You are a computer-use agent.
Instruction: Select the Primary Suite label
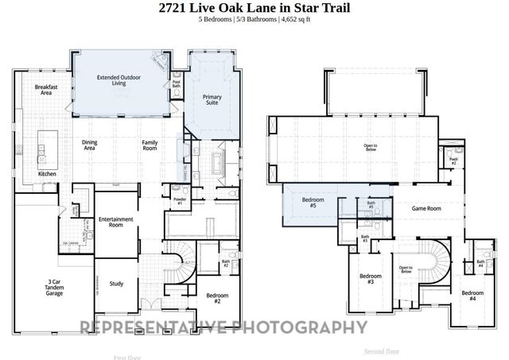[212, 99]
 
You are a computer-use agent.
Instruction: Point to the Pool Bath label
[177, 83]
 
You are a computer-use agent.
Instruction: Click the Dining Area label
[90, 145]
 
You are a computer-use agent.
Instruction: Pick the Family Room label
[150, 145]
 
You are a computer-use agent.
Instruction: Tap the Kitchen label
[48, 173]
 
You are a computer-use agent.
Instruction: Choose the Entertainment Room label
[115, 222]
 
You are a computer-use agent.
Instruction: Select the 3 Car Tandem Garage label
[54, 287]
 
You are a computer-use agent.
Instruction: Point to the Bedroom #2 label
[218, 298]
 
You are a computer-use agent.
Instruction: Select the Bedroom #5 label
[309, 203]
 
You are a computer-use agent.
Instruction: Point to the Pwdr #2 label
[453, 161]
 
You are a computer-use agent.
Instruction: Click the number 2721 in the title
[177, 8]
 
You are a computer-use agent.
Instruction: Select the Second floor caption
[381, 350]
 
